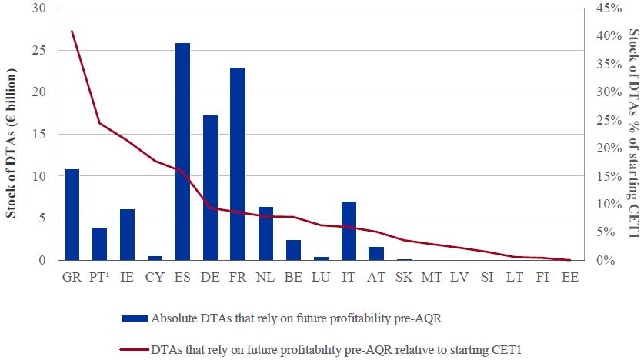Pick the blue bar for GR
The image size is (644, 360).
72,215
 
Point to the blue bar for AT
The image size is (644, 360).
376,253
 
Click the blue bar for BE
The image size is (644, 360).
293,250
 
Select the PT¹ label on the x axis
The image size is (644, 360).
98,276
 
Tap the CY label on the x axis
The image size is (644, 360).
155,276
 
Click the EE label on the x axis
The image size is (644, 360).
570,276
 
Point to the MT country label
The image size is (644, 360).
432,276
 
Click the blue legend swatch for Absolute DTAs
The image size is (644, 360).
135,319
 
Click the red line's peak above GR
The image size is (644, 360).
72,32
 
